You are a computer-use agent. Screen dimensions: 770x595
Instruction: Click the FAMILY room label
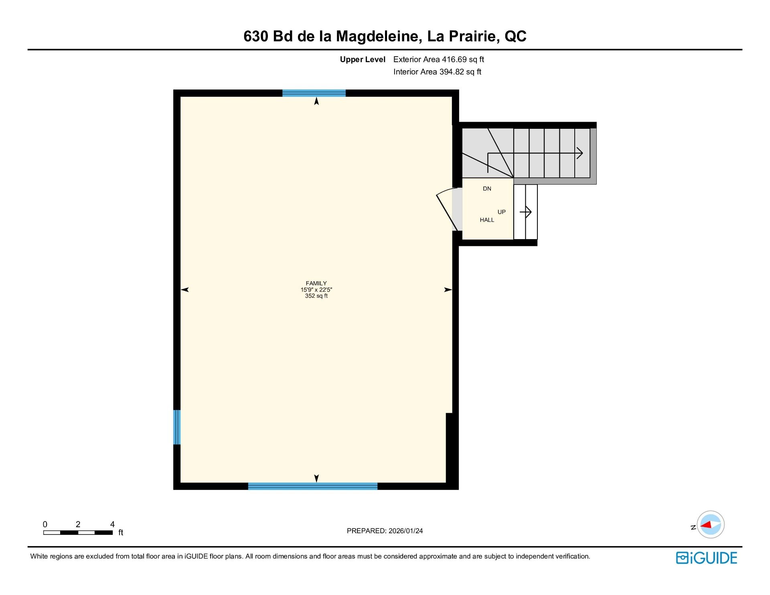tap(316, 283)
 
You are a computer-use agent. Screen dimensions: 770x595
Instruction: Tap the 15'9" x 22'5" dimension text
tap(316, 290)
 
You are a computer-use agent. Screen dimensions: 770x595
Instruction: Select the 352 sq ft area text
tap(316, 296)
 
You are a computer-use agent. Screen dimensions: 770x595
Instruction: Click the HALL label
tap(487, 220)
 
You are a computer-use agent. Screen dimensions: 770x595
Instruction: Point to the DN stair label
tap(487, 189)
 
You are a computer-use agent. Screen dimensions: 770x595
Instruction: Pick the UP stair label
tap(502, 212)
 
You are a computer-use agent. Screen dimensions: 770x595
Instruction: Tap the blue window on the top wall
tap(314, 93)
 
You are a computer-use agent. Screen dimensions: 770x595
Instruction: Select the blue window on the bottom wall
tap(313, 486)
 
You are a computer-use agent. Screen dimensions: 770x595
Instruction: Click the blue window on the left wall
tap(177, 427)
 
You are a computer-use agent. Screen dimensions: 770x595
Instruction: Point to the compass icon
tap(711, 524)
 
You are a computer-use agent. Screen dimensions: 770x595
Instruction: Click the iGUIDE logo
tap(707, 558)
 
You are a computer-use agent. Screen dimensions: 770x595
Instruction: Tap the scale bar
tap(78, 532)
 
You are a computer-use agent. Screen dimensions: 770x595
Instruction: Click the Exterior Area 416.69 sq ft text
tap(439, 59)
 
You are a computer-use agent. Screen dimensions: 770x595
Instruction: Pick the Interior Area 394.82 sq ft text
tap(437, 72)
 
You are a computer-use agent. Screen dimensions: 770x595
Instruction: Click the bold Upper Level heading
tap(363, 60)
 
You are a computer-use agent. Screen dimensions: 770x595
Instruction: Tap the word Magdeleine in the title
tap(379, 37)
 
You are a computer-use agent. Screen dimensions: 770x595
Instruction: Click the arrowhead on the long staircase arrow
tap(580, 153)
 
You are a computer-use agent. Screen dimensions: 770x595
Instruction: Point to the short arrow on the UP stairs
tap(525, 211)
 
